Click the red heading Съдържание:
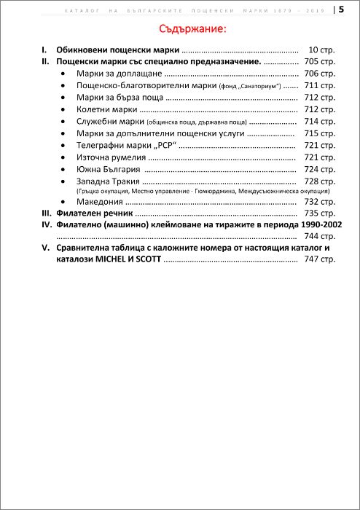(x=193, y=29)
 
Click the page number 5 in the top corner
(x=341, y=9)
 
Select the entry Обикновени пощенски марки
(x=117, y=50)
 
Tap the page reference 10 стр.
(x=321, y=50)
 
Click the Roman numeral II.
(x=45, y=62)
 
